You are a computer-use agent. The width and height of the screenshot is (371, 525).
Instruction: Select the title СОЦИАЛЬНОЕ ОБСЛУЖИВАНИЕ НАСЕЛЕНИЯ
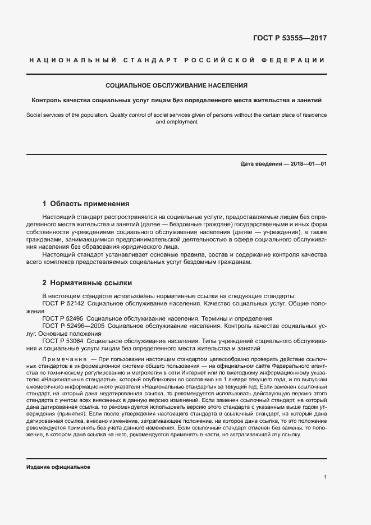177,86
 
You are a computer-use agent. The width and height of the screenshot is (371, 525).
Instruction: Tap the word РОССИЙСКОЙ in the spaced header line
213,60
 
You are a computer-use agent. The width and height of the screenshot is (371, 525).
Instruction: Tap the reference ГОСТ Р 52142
63,303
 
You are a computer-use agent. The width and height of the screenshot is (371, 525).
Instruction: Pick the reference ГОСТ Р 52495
63,318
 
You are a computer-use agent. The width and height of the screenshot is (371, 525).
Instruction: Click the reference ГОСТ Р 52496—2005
73,326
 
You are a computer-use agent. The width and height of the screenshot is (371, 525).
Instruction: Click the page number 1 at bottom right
326,477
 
